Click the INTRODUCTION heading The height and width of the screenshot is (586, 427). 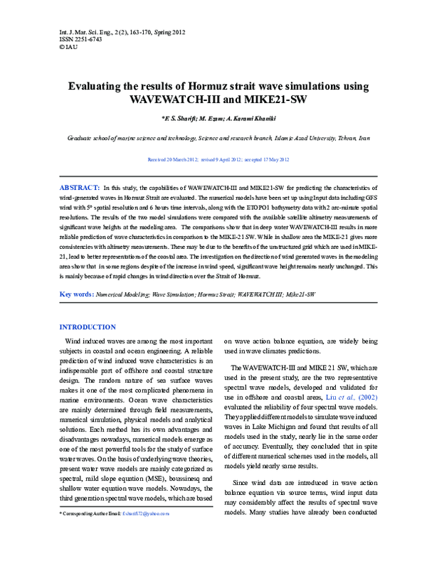point(87,327)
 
